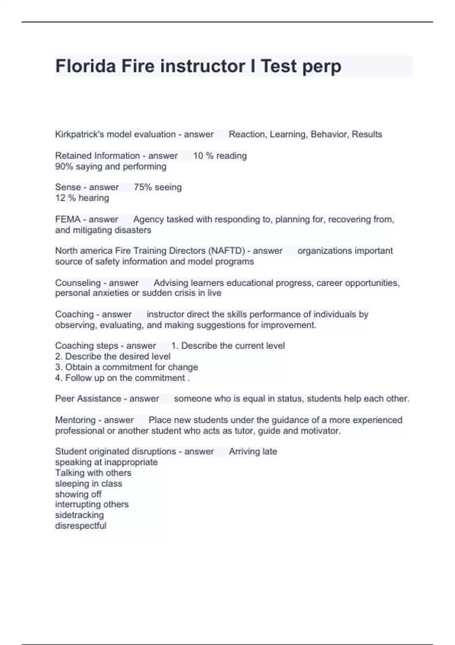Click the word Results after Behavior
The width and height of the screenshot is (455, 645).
point(367,134)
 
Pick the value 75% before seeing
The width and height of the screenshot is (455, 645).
point(142,187)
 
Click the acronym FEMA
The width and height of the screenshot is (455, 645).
point(68,219)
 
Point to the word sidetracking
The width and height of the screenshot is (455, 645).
point(79,515)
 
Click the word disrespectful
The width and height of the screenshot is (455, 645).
point(80,526)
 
